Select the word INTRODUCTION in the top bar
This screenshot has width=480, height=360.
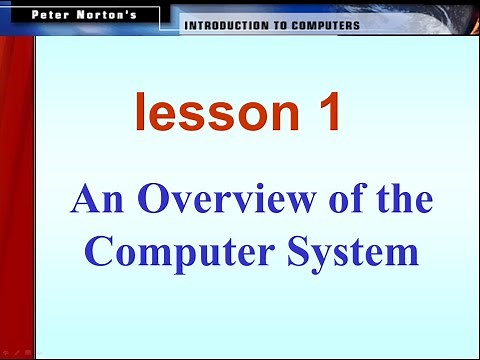pyautogui.click(x=221, y=26)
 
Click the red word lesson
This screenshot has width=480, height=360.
pyautogui.click(x=203, y=113)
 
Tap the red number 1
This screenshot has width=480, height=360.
pyautogui.click(x=325, y=113)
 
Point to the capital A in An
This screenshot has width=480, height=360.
pyautogui.click(x=83, y=201)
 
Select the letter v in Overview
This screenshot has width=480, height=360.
pyautogui.click(x=170, y=204)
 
